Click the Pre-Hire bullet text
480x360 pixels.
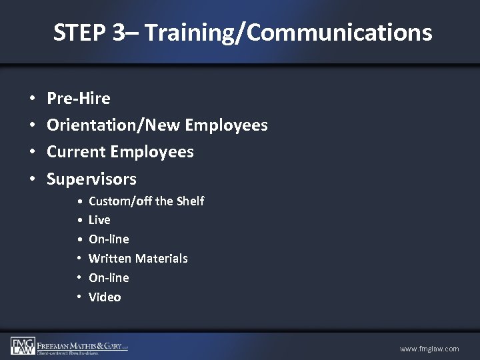79,99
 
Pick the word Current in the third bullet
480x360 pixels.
75,152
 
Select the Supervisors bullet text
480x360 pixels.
91,179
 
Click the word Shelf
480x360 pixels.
191,201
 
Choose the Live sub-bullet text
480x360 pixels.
99,220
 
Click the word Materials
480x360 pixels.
163,258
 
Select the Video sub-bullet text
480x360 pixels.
105,297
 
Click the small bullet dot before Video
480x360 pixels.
79,297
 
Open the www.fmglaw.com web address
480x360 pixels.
429,349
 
